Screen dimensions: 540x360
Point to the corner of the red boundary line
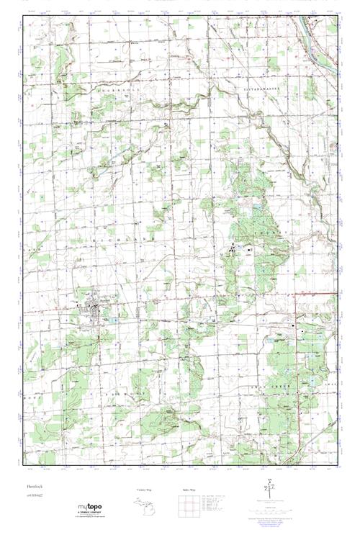point(297,294)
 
